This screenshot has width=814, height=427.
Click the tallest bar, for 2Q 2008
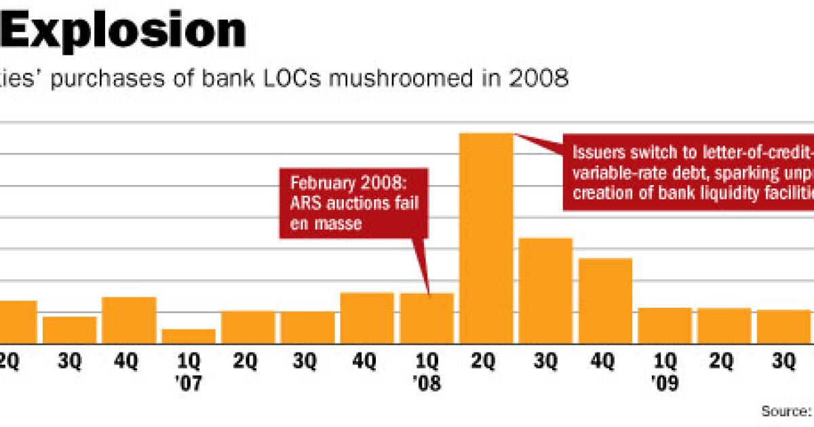(486, 238)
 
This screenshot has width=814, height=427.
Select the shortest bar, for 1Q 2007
(189, 336)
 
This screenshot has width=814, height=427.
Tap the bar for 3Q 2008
(546, 290)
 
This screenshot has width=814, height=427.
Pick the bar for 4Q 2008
(606, 300)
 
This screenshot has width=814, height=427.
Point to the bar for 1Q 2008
(427, 318)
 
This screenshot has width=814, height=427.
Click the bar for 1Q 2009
(665, 325)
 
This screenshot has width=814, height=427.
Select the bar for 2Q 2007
(248, 327)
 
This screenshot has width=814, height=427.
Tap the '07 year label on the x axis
(189, 384)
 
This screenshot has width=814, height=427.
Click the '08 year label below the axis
(427, 384)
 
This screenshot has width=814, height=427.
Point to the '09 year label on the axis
(665, 384)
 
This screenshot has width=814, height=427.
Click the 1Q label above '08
(427, 363)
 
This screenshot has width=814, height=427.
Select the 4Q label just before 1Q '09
(606, 363)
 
